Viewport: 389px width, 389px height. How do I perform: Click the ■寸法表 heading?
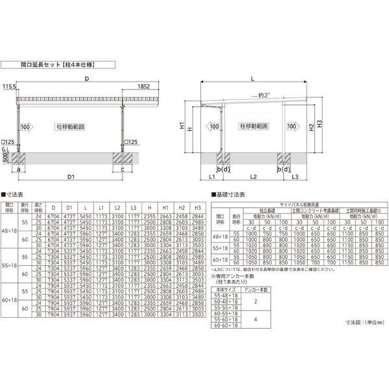click(x=14, y=193)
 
